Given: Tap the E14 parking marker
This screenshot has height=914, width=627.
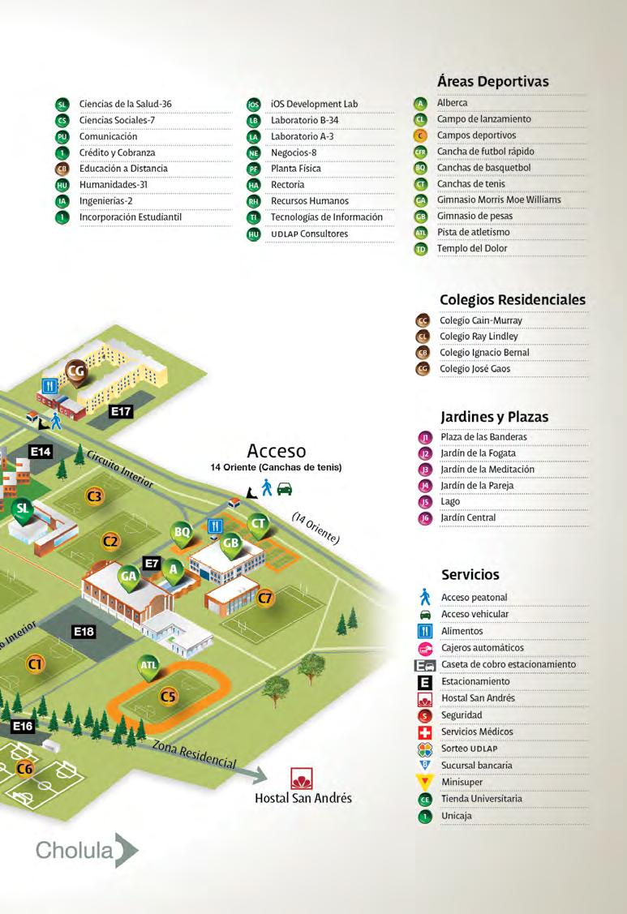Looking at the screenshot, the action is pos(41,451).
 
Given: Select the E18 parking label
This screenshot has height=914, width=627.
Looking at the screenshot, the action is pos(84,630).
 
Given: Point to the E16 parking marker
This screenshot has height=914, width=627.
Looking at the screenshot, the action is pos(23,726).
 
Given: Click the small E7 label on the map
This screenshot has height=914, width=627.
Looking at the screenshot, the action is pos(152,562).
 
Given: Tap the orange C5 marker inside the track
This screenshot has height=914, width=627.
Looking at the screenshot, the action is pos(168,695).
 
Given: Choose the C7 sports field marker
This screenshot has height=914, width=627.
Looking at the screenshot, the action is pos(265,599).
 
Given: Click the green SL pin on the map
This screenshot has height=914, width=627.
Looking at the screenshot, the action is pos(24,508).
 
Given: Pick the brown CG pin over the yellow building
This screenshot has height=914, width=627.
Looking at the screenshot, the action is pos(77,370).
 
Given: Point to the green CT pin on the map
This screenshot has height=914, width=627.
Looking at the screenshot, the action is pos(259,523).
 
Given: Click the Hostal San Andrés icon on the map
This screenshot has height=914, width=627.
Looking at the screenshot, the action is pos(303,778).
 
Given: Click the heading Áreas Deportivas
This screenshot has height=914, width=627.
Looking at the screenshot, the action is pos(493,81).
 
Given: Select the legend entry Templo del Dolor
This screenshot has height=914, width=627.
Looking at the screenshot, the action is pos(472,249).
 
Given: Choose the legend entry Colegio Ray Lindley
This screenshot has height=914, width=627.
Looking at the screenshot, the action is pos(479,337).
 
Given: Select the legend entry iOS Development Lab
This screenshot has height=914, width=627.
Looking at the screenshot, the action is pos(314,105).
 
